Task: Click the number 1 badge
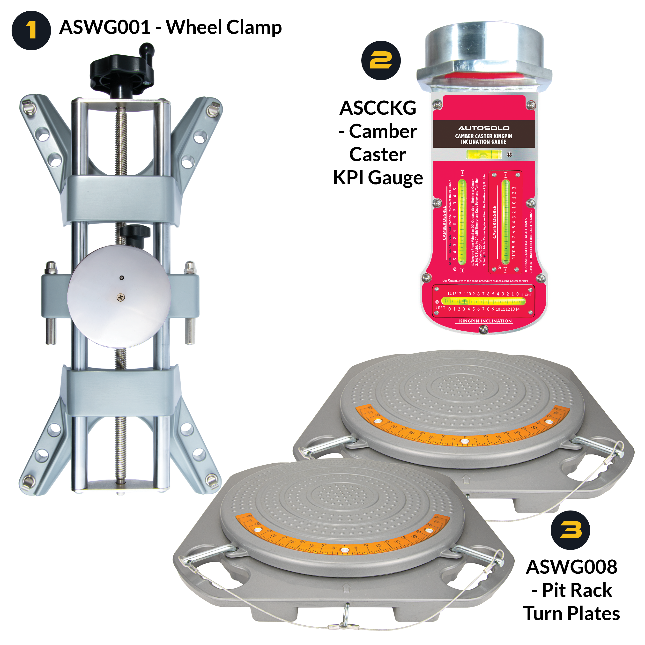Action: [31, 30]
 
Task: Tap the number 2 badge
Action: [381, 60]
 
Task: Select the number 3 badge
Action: [570, 530]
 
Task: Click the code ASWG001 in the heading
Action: [104, 27]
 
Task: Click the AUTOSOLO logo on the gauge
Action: [483, 128]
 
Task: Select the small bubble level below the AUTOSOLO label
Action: [483, 154]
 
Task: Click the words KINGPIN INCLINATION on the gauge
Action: [485, 321]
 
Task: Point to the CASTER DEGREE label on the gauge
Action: [494, 222]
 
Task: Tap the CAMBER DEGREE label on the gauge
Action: [444, 223]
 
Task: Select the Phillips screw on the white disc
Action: [121, 297]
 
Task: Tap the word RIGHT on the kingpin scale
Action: [526, 295]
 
